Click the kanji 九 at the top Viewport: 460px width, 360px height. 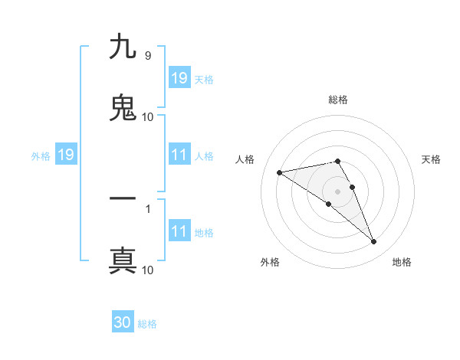click(123, 47)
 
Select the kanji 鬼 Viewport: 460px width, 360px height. click(123, 107)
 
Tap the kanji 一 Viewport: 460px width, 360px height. click(123, 198)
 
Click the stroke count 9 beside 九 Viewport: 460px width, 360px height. click(147, 56)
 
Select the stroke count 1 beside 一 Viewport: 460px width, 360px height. click(147, 208)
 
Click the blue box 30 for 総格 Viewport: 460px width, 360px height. click(123, 322)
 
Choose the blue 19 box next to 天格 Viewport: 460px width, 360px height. click(179, 78)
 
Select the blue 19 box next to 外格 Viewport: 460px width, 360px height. click(65, 155)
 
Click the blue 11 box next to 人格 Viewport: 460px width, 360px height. click(179, 155)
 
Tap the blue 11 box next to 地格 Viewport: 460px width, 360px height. click(179, 231)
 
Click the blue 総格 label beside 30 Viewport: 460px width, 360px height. click(147, 324)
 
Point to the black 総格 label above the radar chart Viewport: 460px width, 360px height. click(338, 100)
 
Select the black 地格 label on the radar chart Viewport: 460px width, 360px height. click(402, 262)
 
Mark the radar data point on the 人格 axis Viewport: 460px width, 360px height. click(280, 172)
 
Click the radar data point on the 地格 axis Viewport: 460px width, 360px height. click(374, 242)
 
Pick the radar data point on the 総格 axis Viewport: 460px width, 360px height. click(338, 161)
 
